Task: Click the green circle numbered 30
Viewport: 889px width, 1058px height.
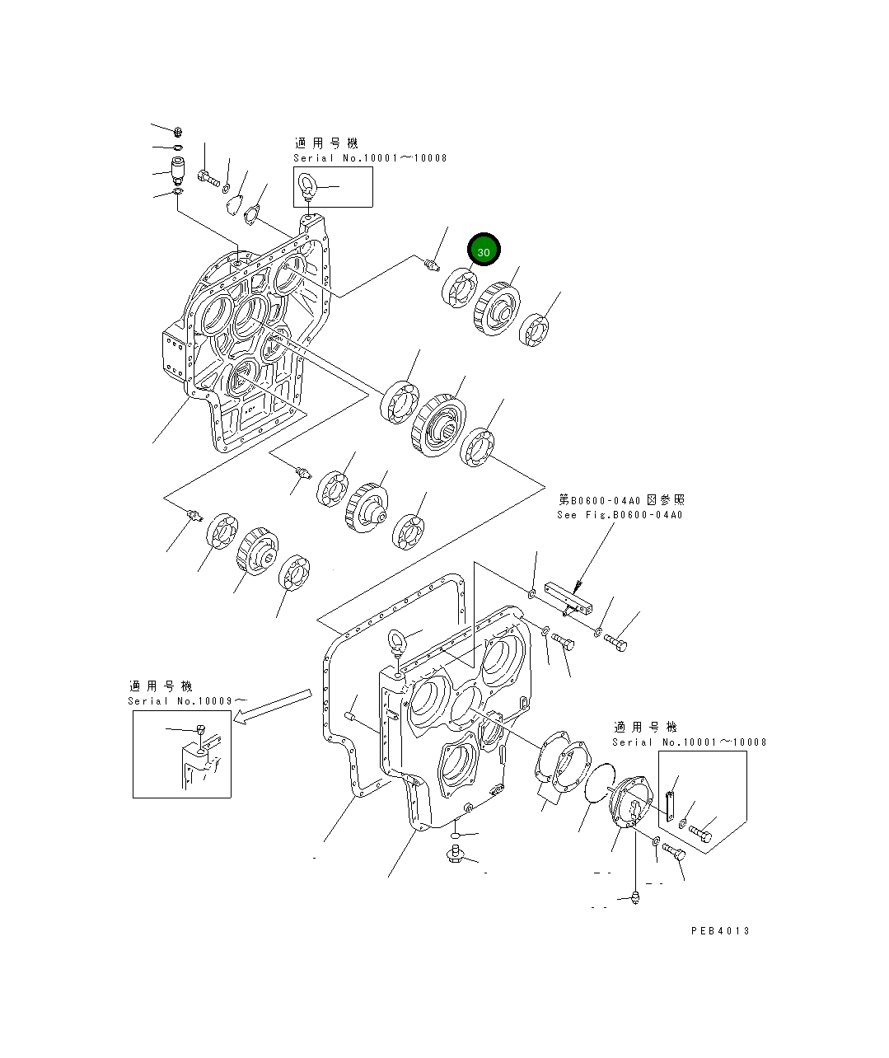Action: [484, 250]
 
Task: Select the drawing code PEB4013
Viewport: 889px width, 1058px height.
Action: [720, 930]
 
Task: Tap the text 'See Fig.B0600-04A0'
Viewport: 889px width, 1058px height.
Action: [620, 515]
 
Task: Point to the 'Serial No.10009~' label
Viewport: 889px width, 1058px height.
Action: [186, 700]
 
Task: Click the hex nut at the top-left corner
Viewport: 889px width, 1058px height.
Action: [179, 132]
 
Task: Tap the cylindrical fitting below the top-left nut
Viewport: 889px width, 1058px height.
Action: [177, 169]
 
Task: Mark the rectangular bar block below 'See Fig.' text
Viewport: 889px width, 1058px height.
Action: [568, 600]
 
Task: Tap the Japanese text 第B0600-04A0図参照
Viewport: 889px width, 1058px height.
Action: [621, 499]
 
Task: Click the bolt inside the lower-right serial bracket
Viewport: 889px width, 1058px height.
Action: [700, 833]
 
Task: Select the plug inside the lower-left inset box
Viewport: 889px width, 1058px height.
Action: [199, 728]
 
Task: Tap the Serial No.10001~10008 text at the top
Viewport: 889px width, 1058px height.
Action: [370, 157]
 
